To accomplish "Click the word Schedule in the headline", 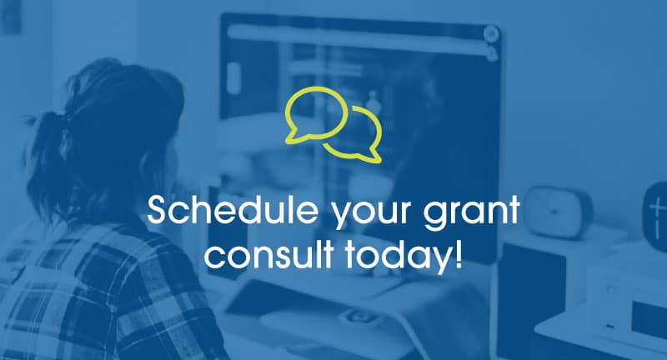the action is tap(233, 210).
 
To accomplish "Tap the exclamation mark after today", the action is tap(458, 253).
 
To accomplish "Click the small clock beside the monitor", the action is tap(557, 212).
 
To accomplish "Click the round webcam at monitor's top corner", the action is tap(491, 33).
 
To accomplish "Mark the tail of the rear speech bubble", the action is tap(373, 156).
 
